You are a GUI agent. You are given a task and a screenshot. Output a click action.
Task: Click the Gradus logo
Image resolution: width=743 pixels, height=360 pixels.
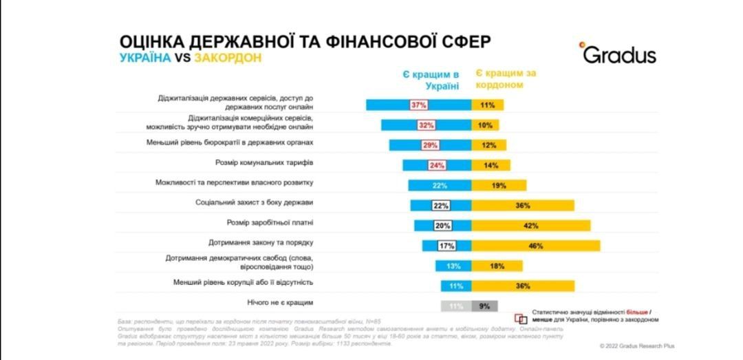coord(617,54)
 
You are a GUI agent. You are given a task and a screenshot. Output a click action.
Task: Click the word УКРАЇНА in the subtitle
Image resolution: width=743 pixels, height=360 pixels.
coord(145,58)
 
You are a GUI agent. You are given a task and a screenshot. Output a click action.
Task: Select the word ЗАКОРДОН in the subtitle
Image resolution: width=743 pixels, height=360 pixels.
coord(228,58)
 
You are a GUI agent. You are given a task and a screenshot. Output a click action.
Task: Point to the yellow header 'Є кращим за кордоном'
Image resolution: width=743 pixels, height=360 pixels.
coord(506,79)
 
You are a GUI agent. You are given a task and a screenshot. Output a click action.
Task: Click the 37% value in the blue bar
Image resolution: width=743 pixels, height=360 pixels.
coord(419,105)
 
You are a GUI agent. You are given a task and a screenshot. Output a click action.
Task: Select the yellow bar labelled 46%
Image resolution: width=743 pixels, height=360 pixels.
coord(535,246)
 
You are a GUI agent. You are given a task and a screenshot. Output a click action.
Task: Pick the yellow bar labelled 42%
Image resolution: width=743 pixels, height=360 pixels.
coord(530,226)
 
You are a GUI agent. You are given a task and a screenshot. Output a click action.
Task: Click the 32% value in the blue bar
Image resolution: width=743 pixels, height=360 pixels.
coord(427,125)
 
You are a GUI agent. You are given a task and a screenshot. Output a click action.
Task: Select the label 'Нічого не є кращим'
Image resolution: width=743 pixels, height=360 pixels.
coord(280,302)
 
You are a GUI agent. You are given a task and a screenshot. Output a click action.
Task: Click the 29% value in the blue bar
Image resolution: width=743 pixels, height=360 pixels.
coord(430,145)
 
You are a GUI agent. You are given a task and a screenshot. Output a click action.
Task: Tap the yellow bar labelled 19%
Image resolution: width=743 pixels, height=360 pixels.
coord(499,185)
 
